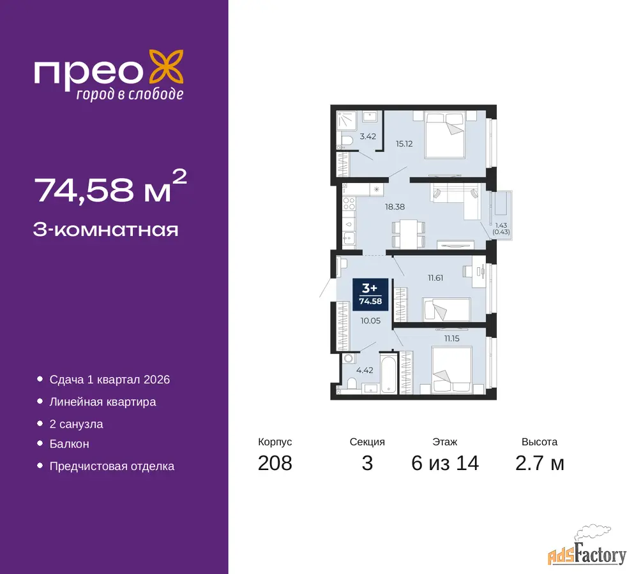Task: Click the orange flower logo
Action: click(x=167, y=67)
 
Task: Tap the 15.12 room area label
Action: click(x=404, y=143)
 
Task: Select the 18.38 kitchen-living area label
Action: click(x=395, y=207)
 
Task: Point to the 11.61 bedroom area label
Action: click(x=435, y=278)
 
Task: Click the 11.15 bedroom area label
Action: click(x=451, y=339)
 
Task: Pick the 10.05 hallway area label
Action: click(x=370, y=321)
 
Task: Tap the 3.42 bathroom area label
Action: click(x=368, y=136)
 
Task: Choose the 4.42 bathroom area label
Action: click(x=365, y=370)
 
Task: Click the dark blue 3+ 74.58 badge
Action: click(x=370, y=295)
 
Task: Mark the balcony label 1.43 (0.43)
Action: click(x=501, y=228)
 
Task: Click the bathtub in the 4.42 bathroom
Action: click(x=389, y=373)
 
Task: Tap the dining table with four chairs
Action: click(x=409, y=234)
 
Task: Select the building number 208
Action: click(x=275, y=463)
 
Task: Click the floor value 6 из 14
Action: click(x=445, y=463)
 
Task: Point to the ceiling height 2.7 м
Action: click(x=540, y=463)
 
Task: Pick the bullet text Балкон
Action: click(x=69, y=444)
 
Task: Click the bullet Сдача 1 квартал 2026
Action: click(x=110, y=379)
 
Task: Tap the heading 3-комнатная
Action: click(x=105, y=230)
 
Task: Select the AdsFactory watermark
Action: click(x=587, y=546)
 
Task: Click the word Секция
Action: click(x=367, y=442)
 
